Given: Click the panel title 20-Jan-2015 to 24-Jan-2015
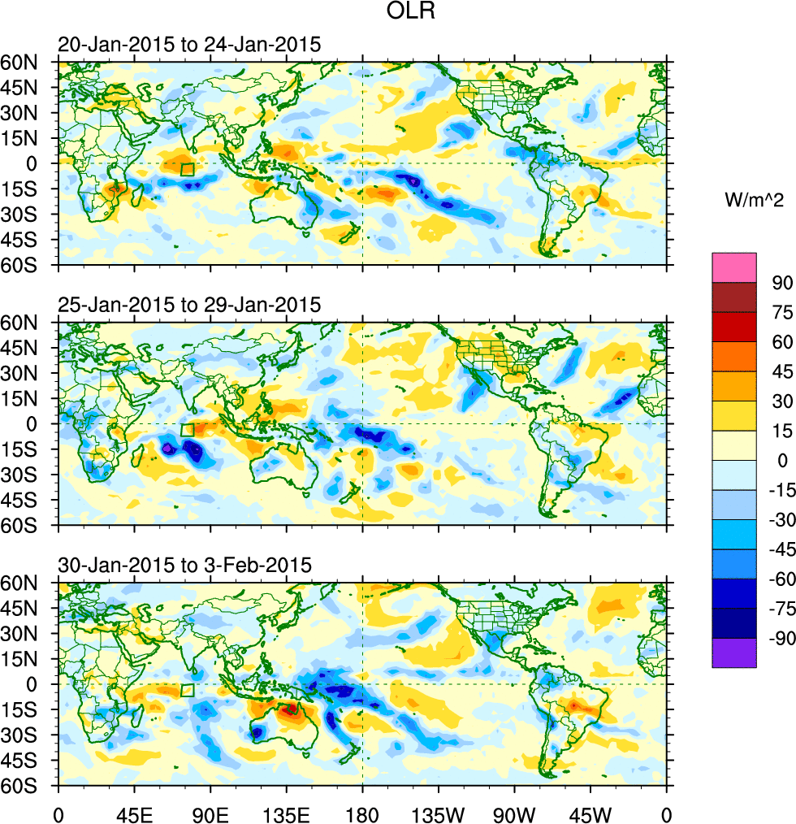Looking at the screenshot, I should pos(189,45).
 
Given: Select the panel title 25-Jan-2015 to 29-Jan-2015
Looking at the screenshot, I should pos(189,305).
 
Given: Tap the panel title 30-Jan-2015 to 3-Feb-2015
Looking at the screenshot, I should pos(184,566).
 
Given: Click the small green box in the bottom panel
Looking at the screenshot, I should pos(188,690).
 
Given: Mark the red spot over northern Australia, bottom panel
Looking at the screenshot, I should pos(290,709).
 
